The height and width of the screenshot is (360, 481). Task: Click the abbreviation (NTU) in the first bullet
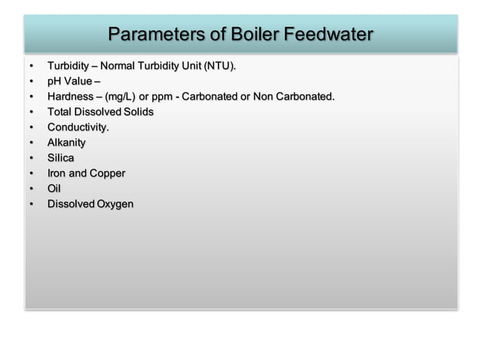pos(218,66)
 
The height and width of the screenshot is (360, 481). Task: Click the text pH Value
pos(69,81)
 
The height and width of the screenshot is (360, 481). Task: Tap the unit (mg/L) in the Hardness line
pos(121,96)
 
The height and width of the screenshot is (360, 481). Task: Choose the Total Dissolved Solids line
pos(100,111)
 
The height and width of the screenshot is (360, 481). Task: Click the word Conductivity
pos(78,127)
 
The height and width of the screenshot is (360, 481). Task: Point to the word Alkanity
pos(66,142)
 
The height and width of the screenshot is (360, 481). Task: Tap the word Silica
pos(60,158)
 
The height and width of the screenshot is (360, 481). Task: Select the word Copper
pos(107,173)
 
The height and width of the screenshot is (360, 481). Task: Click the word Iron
pos(57,173)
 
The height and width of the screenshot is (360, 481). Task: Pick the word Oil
pos(54,188)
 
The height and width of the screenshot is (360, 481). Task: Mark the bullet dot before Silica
pos(31,158)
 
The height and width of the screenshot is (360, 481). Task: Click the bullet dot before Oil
pos(31,188)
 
